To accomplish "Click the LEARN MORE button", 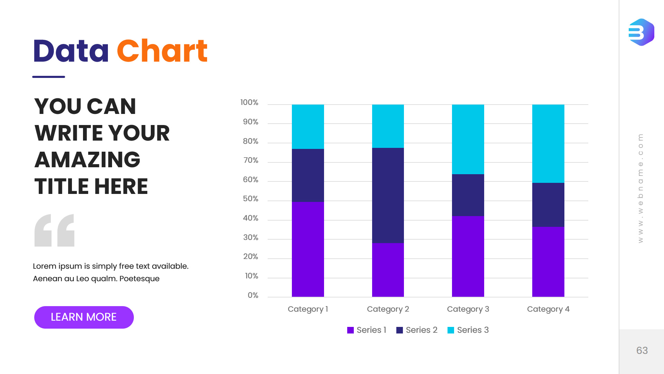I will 84,317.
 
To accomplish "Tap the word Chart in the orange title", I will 162,51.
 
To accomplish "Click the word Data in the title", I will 71,51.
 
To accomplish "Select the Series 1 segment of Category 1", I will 308,249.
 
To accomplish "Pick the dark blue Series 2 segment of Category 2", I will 388,195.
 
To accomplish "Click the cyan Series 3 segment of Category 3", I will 468,139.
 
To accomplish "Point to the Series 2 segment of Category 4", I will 548,205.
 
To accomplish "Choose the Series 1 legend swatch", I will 350,330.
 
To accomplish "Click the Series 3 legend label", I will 473,330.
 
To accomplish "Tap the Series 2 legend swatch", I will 399,330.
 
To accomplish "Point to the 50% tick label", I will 250,199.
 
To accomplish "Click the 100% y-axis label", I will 249,103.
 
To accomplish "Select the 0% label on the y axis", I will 253,295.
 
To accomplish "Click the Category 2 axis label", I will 388,309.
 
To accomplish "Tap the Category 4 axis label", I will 548,309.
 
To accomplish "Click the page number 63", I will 642,350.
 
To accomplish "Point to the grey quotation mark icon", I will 54,230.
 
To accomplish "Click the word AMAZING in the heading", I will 87,160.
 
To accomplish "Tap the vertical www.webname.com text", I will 640,188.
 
